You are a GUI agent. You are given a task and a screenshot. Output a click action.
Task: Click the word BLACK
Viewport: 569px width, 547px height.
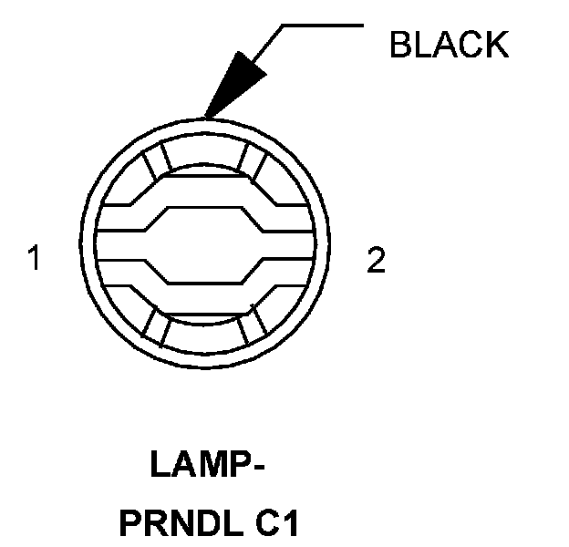tap(448, 44)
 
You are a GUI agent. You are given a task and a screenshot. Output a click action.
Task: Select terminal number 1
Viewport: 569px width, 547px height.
tap(34, 260)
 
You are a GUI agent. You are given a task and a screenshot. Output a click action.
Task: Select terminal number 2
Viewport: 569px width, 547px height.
tap(376, 261)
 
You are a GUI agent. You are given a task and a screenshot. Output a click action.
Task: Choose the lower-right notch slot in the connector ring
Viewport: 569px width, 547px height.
tap(258, 325)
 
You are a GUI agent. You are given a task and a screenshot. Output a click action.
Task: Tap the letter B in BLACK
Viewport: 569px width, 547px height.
tap(400, 44)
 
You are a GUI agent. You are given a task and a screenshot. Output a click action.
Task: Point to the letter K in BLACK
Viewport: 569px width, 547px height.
tap(496, 44)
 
